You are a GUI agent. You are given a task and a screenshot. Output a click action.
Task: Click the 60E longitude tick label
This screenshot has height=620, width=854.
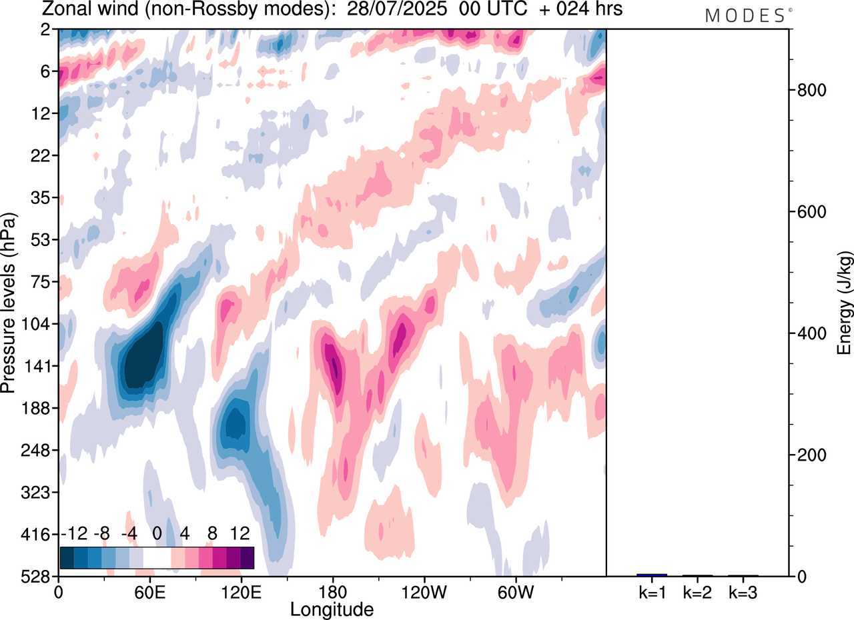[149, 591]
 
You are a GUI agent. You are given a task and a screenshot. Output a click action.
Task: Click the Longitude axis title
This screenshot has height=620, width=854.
[332, 609]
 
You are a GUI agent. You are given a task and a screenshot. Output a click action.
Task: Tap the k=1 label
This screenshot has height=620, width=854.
[651, 591]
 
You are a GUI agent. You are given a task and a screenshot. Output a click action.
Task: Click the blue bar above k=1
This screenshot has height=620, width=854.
[651, 575]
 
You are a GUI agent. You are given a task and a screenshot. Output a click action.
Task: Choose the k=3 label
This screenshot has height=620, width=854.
[743, 591]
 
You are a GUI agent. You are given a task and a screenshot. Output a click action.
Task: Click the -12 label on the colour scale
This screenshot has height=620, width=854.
[74, 534]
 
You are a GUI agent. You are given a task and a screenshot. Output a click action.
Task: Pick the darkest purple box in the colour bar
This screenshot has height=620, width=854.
[247, 557]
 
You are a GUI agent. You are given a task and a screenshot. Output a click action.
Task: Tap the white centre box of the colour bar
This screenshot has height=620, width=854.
[157, 557]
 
